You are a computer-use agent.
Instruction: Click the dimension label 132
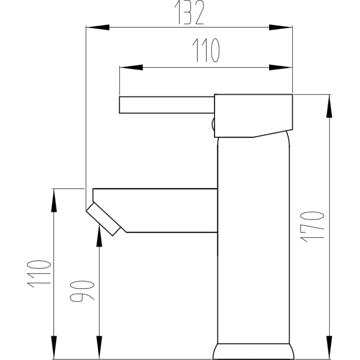(x=189, y=12)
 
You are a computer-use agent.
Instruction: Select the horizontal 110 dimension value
(x=206, y=50)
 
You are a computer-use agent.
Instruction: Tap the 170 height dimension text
(x=312, y=227)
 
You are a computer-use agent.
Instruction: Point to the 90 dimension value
(x=82, y=291)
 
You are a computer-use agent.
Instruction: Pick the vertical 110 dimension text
(x=39, y=274)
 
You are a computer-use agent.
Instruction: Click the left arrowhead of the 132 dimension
(x=98, y=27)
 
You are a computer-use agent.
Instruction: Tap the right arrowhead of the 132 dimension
(x=280, y=27)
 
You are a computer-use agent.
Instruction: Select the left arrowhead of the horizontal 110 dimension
(x=131, y=67)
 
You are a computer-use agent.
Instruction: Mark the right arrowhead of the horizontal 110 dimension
(x=280, y=67)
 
